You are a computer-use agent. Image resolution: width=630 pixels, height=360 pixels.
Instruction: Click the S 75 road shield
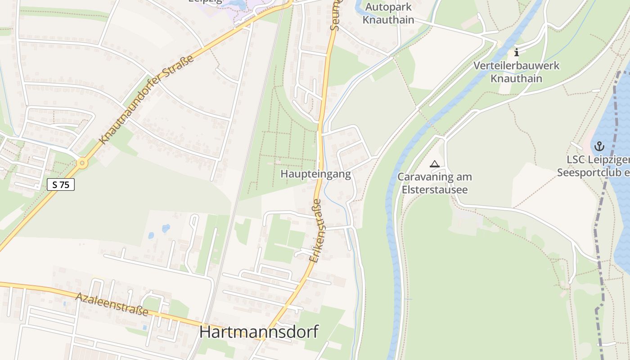[x=60, y=184]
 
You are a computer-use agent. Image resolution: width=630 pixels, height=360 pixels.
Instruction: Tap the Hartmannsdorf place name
[x=259, y=332]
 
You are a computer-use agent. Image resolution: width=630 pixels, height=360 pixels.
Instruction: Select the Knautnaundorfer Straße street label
[x=148, y=99]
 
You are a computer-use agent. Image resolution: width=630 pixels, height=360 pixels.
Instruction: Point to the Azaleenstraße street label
[x=112, y=304]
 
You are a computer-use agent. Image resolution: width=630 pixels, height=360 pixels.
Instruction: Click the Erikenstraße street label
[x=315, y=231]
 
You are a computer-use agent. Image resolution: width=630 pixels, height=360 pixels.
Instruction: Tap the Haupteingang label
[x=315, y=174]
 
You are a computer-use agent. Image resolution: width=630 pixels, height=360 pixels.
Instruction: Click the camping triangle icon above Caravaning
[x=434, y=164]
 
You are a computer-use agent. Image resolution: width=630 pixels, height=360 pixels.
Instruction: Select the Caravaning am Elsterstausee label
[x=434, y=183]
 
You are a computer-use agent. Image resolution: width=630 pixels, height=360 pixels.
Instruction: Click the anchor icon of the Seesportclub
[x=599, y=146]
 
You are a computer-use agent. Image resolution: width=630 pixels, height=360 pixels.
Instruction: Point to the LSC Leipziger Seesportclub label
[x=594, y=166]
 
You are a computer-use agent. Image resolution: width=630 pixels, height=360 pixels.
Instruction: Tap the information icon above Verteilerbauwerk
[x=516, y=52]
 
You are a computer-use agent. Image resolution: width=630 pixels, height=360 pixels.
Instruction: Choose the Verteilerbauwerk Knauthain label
[x=516, y=72]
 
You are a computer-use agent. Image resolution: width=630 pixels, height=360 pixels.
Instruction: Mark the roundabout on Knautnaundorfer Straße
[x=81, y=163]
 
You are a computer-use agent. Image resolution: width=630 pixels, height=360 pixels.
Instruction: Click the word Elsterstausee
[x=434, y=190]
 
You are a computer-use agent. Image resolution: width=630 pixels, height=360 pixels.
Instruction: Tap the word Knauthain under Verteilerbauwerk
[x=516, y=79]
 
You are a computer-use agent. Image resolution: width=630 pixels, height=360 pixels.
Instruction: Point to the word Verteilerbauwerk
[x=516, y=66]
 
